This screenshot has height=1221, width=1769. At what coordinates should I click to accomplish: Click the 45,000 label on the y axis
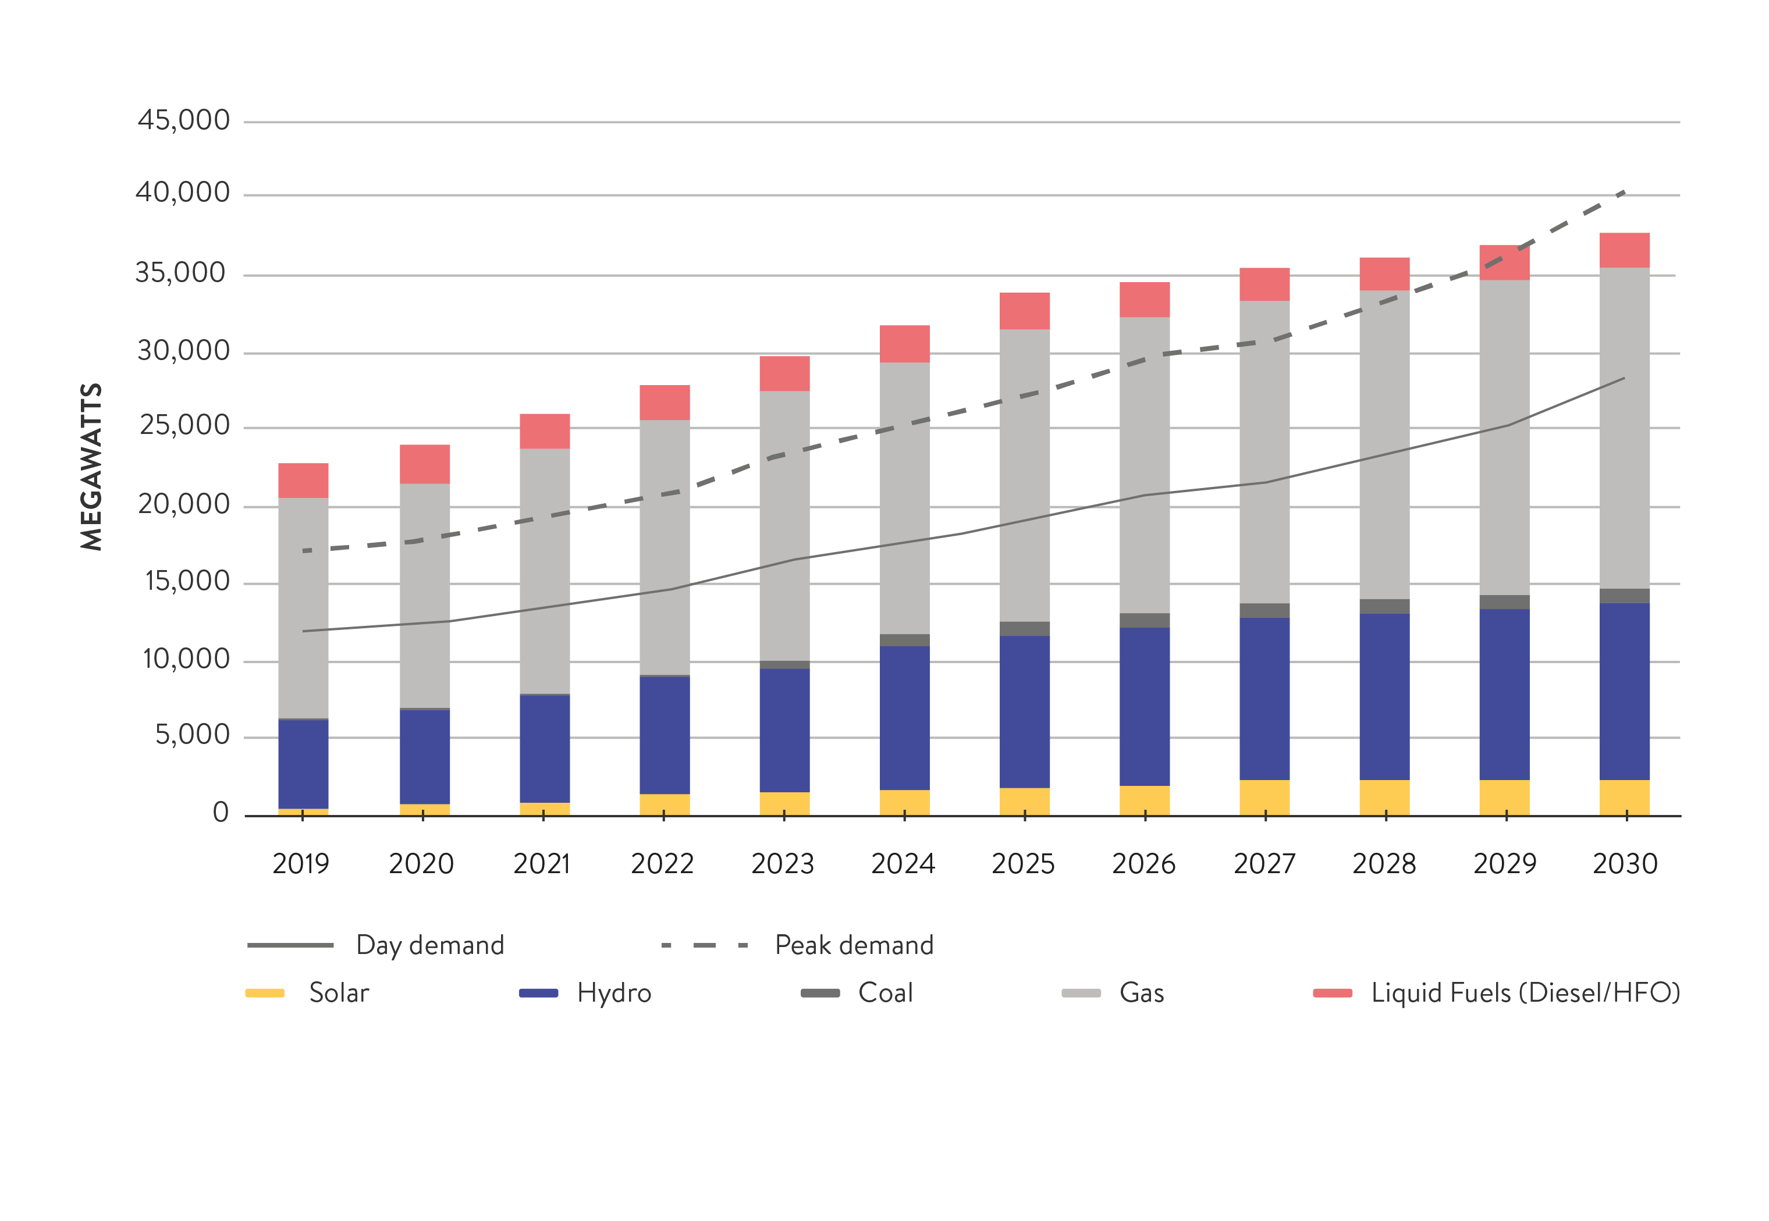184,120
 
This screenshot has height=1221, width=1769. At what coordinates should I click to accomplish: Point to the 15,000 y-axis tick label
187,582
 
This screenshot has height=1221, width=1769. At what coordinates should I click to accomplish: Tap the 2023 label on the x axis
783,864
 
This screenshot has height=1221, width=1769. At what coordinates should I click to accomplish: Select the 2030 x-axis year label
1624,864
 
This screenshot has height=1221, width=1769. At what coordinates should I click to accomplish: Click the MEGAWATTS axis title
91,467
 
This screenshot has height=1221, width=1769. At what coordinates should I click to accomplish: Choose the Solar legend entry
338,993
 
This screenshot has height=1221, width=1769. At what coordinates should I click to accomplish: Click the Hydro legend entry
614,993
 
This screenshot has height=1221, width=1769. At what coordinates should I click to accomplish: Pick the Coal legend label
885,993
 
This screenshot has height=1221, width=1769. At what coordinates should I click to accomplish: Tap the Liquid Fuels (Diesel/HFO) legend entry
1525,993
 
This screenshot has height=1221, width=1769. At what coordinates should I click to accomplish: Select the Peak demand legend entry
854,946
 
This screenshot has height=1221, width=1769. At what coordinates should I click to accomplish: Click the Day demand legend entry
430,946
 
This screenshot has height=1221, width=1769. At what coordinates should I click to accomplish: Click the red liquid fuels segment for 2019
303,480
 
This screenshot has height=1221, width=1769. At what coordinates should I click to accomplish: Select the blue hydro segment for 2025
1025,711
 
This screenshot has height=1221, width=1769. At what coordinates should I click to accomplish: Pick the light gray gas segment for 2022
664,547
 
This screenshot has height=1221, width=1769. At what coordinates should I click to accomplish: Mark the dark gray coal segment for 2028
1385,606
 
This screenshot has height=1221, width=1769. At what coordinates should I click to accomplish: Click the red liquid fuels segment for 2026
1145,299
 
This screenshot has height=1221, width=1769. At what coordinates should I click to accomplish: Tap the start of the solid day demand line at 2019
304,631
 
